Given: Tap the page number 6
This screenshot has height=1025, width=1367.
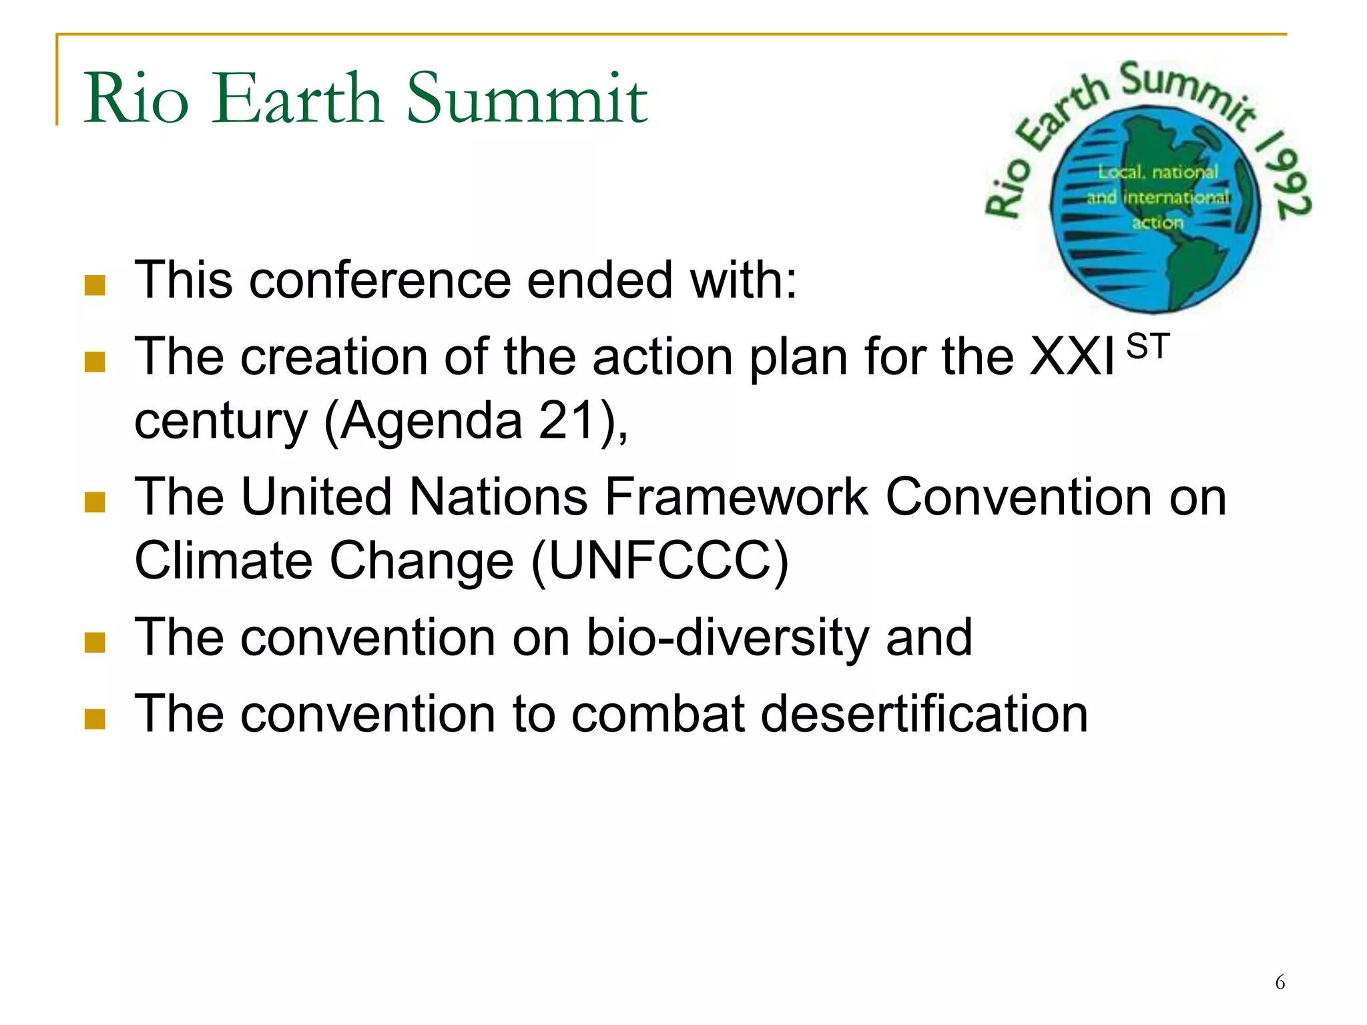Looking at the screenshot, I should pyautogui.click(x=1280, y=982).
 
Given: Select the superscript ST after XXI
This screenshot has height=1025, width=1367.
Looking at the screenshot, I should pyautogui.click(x=1147, y=347).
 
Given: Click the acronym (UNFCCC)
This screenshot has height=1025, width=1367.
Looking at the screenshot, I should pyautogui.click(x=660, y=561).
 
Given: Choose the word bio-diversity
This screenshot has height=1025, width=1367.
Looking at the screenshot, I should pyautogui.click(x=728, y=637).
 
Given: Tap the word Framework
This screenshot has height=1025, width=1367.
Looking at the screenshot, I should pyautogui.click(x=736, y=497).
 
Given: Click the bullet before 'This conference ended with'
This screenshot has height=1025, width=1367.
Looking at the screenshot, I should pyautogui.click(x=95, y=286).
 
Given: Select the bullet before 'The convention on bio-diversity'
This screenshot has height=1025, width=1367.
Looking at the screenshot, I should pyautogui.click(x=95, y=643).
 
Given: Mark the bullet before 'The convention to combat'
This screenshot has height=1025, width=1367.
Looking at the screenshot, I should pyautogui.click(x=95, y=719).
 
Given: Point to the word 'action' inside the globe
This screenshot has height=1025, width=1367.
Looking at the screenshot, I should pyautogui.click(x=1157, y=222).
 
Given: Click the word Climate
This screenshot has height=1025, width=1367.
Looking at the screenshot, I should pyautogui.click(x=224, y=561).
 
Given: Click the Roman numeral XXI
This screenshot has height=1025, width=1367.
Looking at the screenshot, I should pyautogui.click(x=1071, y=357).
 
